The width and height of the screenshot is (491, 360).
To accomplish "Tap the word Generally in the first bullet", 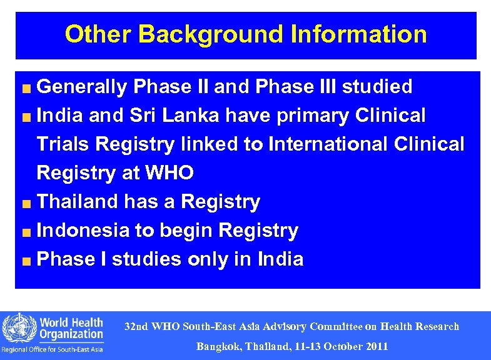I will tap(81, 87).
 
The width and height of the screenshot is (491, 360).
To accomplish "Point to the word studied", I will tap(377, 87).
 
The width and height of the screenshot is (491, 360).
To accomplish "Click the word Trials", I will tap(63, 144).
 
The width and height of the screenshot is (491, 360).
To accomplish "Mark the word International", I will tap(329, 144).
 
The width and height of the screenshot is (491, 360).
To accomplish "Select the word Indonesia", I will tap(83, 231).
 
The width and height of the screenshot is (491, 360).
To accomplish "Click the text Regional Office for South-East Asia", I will tap(53, 349).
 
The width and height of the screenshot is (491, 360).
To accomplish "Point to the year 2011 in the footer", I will tap(377, 346).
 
